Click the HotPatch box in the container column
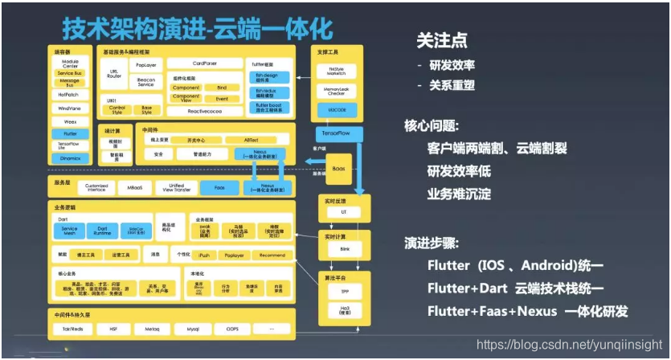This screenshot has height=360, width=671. (x=70, y=95)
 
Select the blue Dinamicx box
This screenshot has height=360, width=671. (x=70, y=158)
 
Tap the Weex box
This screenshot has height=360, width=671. (x=70, y=121)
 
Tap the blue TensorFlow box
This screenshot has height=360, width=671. (x=340, y=132)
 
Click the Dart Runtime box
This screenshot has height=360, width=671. (x=102, y=231)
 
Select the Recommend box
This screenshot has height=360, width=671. (x=272, y=255)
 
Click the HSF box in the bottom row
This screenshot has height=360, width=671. (x=108, y=329)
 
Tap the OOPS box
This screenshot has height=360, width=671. (x=232, y=329)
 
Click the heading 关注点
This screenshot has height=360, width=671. (x=441, y=40)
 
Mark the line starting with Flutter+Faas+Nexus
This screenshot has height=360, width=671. (x=527, y=311)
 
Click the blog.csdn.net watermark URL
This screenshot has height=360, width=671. (x=570, y=344)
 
